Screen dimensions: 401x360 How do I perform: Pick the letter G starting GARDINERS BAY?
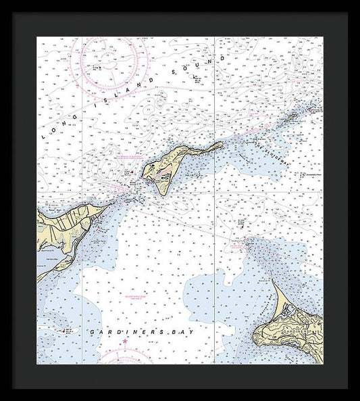point(93,332)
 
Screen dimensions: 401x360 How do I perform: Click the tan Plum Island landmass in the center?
point(165,169)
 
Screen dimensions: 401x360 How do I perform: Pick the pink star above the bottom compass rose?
point(125,343)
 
